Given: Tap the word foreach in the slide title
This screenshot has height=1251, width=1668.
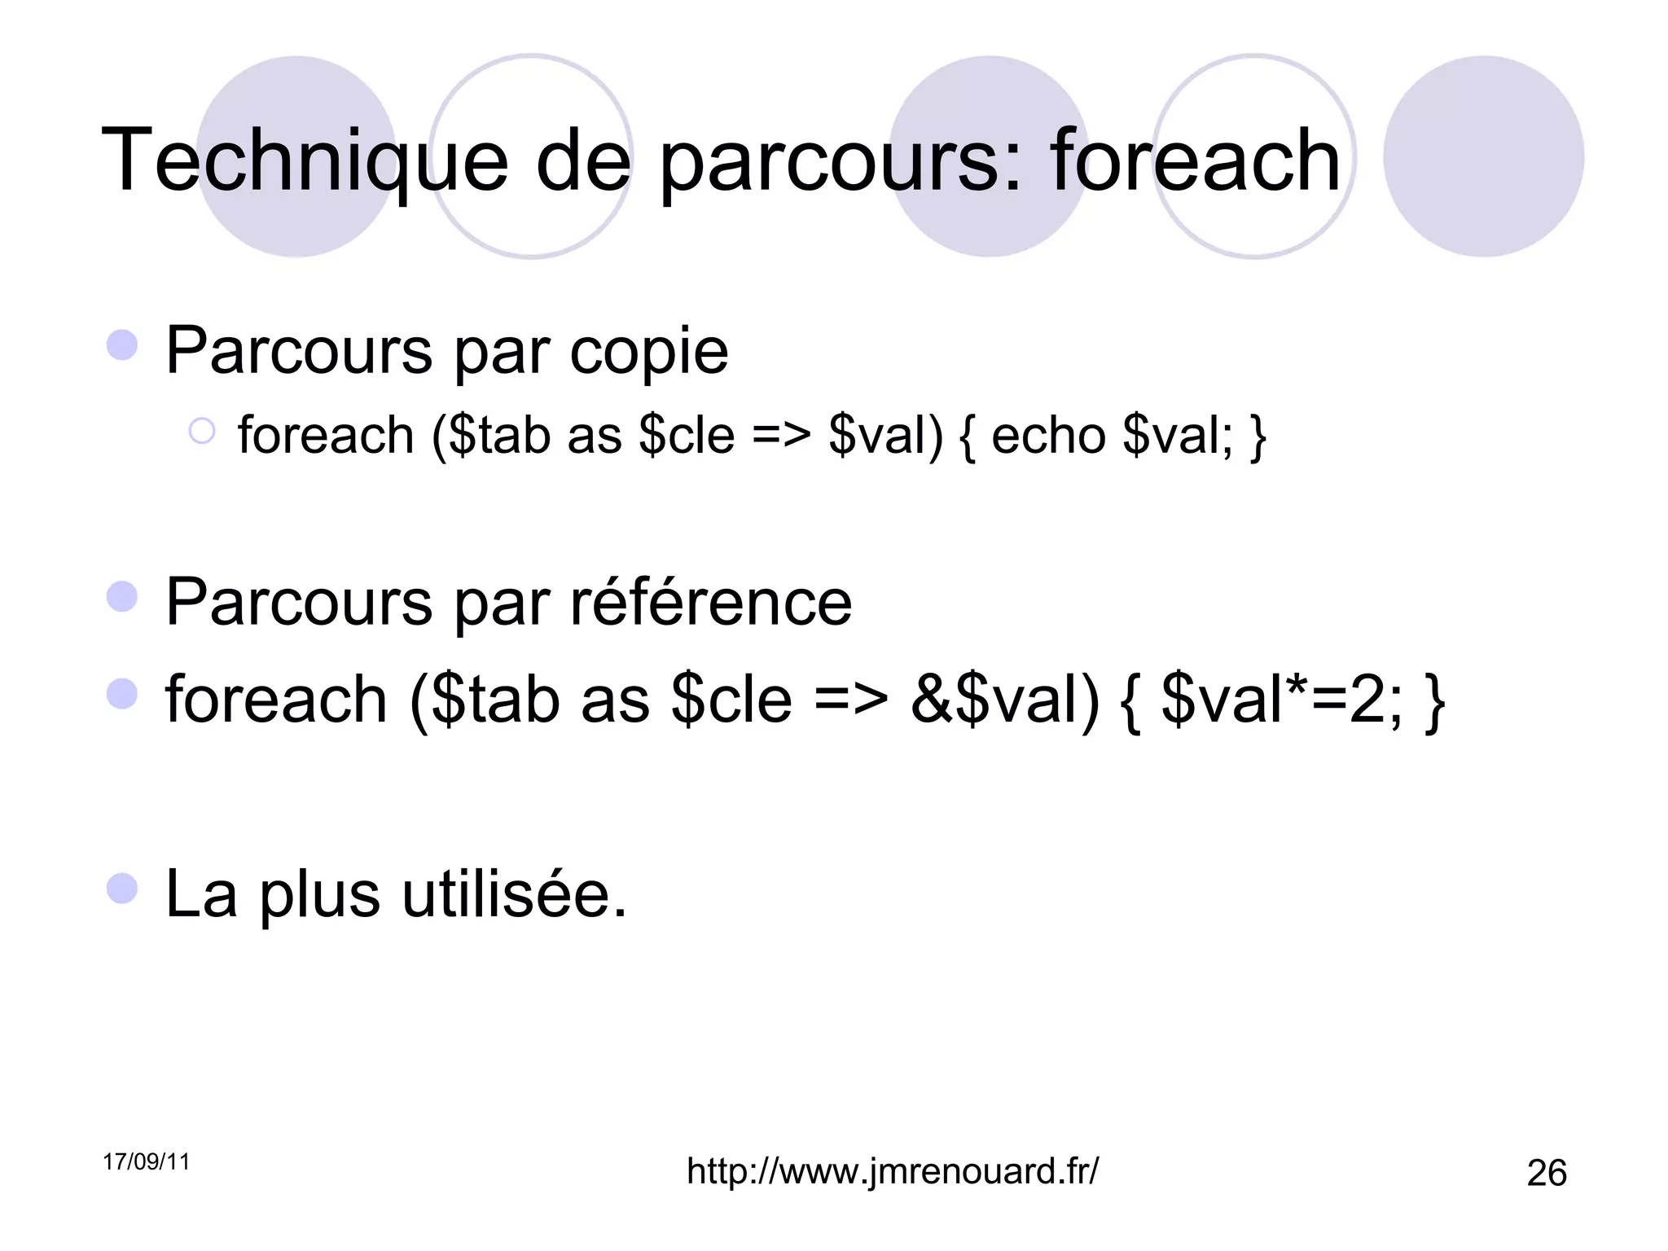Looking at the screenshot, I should (1195, 160).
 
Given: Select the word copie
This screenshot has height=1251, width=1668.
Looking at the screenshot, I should (648, 352).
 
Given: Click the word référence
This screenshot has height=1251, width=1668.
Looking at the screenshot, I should (711, 603).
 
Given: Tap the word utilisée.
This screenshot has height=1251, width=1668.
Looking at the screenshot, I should (515, 894).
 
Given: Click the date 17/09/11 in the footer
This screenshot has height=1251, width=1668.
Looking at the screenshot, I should (147, 1162).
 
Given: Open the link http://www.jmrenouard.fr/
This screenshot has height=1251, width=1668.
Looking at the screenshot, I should (893, 1171).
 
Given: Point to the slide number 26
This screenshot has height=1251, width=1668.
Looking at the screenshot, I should (1547, 1174).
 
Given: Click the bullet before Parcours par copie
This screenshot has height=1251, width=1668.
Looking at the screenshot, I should (122, 345).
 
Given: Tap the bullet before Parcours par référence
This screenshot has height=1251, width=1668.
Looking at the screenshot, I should (122, 596).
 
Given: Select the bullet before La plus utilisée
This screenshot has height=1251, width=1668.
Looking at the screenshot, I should (122, 888).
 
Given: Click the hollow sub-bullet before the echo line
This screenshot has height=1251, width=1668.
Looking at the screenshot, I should (202, 431).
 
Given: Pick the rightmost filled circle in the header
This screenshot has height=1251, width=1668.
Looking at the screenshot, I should (1483, 156).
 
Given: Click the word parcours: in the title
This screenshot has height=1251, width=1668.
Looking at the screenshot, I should (840, 160).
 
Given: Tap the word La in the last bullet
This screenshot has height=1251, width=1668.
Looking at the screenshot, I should (201, 894).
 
